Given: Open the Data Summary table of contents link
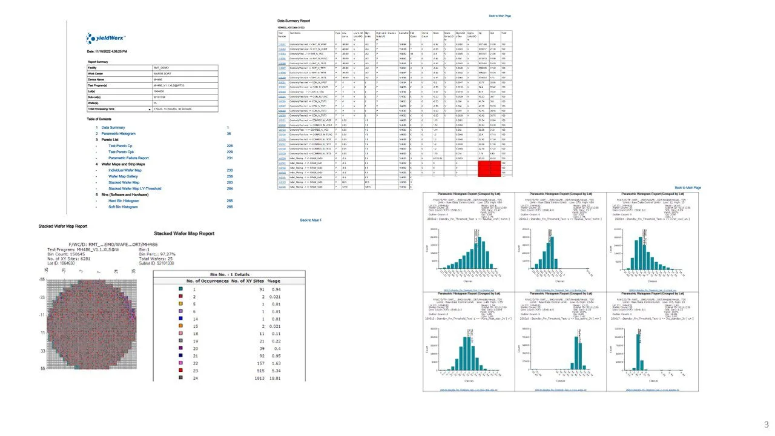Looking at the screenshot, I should coord(113,128).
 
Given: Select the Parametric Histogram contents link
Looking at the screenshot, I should coord(119,133).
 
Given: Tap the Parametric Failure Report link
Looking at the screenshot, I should coord(128,158).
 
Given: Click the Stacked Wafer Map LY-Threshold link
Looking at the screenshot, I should coord(134,188).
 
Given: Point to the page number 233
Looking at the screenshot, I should coord(229,170).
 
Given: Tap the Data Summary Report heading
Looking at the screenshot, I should coord(293,21).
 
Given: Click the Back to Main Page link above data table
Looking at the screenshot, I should coord(500,16).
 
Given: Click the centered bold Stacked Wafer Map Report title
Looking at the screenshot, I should coord(184,233).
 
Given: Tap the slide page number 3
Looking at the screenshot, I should coord(767,424).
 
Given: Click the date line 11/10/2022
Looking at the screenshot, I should coord(106,51).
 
